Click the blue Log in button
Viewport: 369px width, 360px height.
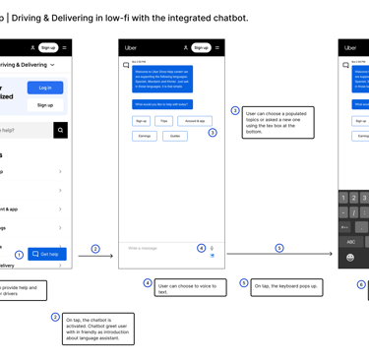(45, 88)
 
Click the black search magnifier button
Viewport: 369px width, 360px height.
(60, 130)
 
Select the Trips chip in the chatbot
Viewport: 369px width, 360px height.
(164, 121)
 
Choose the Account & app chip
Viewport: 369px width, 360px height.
(195, 121)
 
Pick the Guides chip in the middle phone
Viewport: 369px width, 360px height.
(175, 136)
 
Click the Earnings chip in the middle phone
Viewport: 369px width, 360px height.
(145, 136)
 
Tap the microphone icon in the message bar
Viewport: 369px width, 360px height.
(212, 248)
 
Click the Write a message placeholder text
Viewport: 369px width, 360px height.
(143, 248)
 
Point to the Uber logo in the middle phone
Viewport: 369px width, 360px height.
(131, 47)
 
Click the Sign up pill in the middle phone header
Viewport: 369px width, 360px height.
(201, 47)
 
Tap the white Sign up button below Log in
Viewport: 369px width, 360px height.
(45, 104)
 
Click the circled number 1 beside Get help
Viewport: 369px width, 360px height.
(19, 255)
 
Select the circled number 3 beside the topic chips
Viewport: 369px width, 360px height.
(213, 133)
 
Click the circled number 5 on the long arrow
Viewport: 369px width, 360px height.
(279, 249)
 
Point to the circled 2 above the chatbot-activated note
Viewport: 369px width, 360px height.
(55, 317)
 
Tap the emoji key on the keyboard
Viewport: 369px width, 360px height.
(350, 258)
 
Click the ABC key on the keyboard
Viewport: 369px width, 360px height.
(351, 241)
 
